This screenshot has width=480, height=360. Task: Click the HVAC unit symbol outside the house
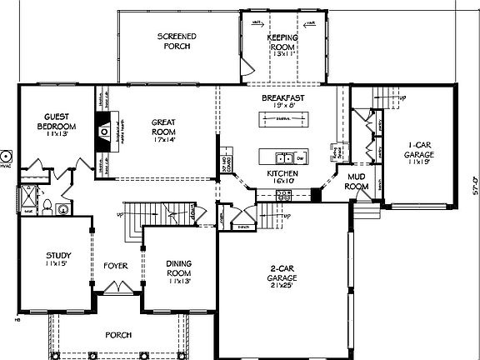click(6, 156)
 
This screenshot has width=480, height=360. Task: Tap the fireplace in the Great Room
click(104, 132)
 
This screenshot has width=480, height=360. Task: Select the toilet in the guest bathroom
click(47, 207)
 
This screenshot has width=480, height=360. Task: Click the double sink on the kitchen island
click(284, 157)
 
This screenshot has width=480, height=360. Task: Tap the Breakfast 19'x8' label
click(282, 102)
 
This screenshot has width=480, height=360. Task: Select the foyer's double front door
click(115, 288)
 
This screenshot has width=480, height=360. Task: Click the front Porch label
click(117, 335)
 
